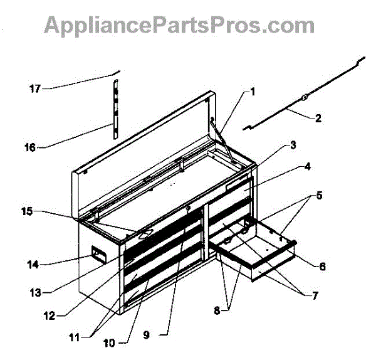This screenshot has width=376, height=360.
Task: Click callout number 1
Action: pos(252,92)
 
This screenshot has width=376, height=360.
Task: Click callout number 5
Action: pos(319,195)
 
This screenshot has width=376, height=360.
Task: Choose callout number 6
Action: pos(322,266)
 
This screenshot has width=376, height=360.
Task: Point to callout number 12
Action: pos(49,315)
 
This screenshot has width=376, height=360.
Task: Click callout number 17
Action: pos(35,89)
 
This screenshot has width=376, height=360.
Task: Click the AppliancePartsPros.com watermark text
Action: pos(179,25)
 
